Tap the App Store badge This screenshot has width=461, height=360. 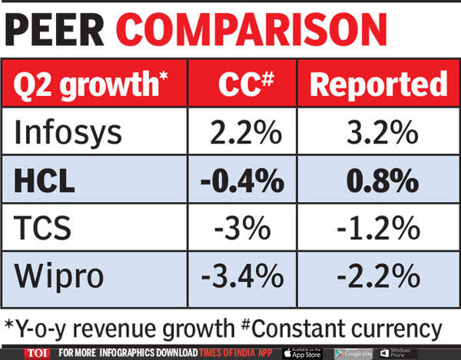point(304,352)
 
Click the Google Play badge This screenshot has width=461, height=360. point(353,352)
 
